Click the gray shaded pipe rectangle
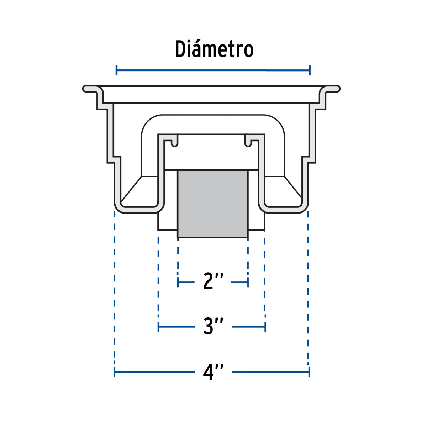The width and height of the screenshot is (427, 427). tap(213, 204)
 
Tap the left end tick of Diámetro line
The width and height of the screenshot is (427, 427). tap(116, 70)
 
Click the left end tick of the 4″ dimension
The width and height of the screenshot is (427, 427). tap(115, 372)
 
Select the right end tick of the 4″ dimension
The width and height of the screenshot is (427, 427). tap(309, 372)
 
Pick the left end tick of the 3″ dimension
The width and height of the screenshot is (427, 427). tap(158, 326)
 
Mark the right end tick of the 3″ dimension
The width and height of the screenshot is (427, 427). tap(265, 326)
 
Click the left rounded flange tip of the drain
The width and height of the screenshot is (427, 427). tap(86, 89)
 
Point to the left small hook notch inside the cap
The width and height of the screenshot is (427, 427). tap(174, 143)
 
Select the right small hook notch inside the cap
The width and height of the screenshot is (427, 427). tap(248, 143)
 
